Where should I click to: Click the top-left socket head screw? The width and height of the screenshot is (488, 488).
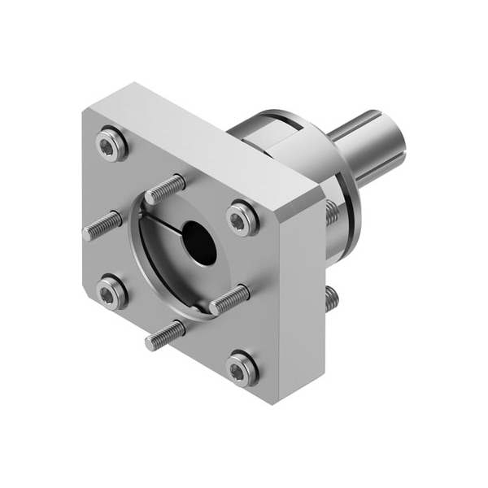[111, 146]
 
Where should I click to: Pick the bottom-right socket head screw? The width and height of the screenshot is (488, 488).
[242, 367]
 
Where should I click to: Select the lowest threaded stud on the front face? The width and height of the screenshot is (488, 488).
[165, 334]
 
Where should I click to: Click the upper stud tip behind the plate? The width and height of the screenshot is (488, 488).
[332, 213]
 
